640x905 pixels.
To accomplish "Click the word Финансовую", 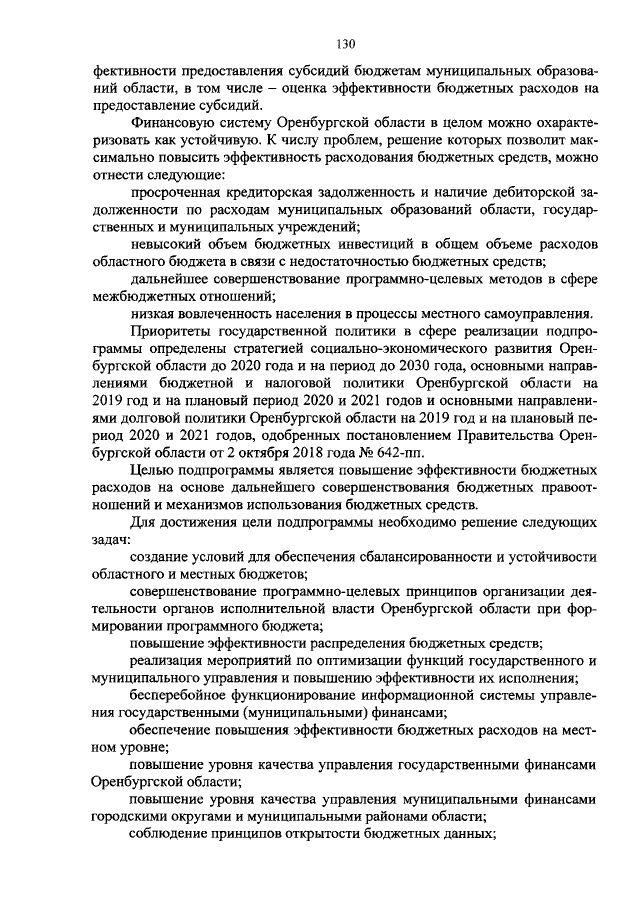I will tap(171, 122).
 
